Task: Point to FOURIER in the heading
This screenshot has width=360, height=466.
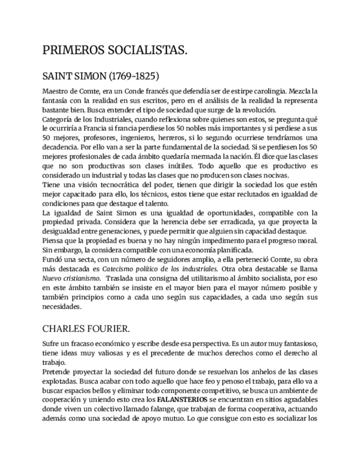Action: click(x=109, y=329)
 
